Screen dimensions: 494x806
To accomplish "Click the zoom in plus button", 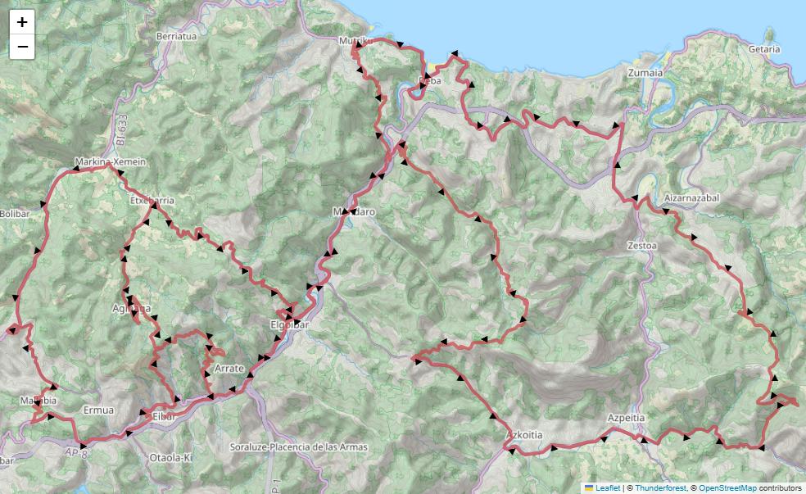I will [x=22, y=22].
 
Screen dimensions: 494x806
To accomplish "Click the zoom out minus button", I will [x=22, y=47].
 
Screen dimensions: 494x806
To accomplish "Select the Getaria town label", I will [x=763, y=49].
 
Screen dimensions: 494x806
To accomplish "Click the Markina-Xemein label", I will [x=110, y=162].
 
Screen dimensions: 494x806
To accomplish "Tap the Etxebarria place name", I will [x=152, y=199].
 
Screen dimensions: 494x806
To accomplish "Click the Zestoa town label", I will [x=642, y=245].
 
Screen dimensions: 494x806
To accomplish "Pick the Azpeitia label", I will [x=627, y=417].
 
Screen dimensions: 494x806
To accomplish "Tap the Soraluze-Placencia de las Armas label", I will [x=299, y=447].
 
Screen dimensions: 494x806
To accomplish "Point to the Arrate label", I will [x=229, y=369].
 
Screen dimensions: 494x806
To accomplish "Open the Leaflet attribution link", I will [x=607, y=487].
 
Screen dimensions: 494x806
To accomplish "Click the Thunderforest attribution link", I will [x=660, y=487].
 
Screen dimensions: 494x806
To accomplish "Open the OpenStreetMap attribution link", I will [x=728, y=487].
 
